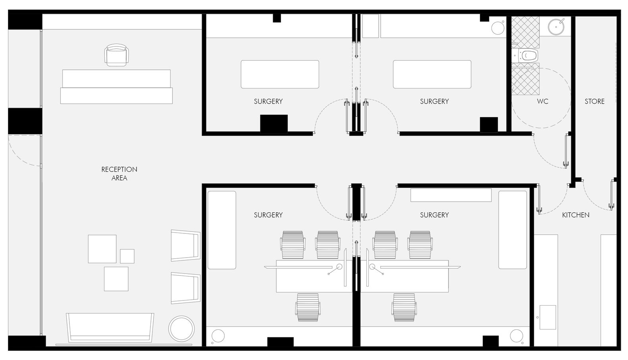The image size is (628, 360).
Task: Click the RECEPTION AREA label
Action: [x=119, y=173]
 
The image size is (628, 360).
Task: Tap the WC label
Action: [x=543, y=101]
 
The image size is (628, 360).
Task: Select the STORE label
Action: [x=594, y=101]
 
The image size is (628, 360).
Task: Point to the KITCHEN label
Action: [x=576, y=215]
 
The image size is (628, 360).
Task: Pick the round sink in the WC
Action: [x=556, y=27]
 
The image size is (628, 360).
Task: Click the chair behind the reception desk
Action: [x=117, y=55]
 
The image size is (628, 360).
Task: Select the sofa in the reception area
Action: [x=110, y=327]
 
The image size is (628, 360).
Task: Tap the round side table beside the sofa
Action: [x=181, y=329]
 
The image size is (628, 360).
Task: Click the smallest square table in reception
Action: [x=127, y=256]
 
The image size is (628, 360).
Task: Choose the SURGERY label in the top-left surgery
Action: [x=268, y=101]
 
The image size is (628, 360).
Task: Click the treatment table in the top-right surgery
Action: [x=432, y=74]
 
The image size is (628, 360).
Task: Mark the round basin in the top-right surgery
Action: [x=498, y=28]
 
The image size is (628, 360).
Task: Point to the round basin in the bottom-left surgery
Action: [x=218, y=336]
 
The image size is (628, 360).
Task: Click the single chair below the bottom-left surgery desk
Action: [x=308, y=307]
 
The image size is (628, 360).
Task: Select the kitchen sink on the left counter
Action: [x=548, y=317]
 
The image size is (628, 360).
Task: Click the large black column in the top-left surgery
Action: [x=274, y=123]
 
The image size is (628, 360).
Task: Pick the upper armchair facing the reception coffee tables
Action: [x=186, y=246]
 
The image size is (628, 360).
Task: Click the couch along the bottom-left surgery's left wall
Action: [x=222, y=230]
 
